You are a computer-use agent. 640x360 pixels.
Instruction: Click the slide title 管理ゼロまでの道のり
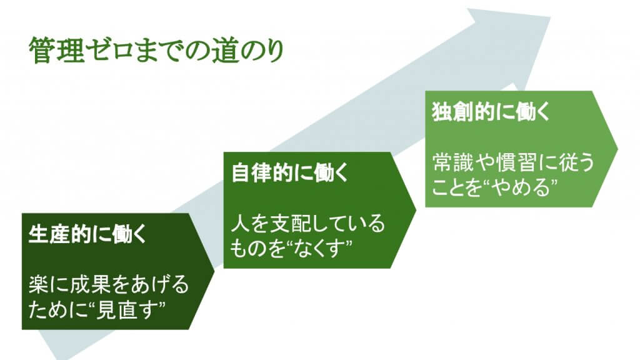pyautogui.click(x=156, y=51)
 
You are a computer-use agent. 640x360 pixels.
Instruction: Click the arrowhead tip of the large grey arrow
pyautogui.click(x=550, y=15)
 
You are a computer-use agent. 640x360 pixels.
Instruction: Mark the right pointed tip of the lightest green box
pyautogui.click(x=617, y=149)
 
